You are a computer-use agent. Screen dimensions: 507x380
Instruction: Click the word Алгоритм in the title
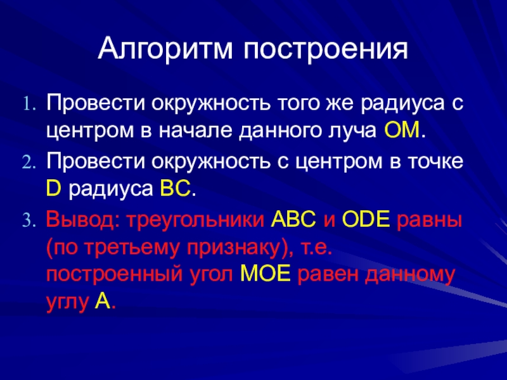(165, 49)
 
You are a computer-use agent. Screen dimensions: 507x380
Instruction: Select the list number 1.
(29, 104)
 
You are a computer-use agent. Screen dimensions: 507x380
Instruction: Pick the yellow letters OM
(402, 130)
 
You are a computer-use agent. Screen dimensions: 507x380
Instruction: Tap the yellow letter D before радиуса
(53, 188)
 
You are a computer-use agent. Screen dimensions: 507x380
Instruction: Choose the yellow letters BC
(176, 188)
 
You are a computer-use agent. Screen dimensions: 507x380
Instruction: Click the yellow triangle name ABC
(293, 220)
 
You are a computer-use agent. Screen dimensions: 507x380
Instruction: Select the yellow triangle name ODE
(366, 220)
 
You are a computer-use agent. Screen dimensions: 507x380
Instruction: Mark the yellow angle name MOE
(265, 274)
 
